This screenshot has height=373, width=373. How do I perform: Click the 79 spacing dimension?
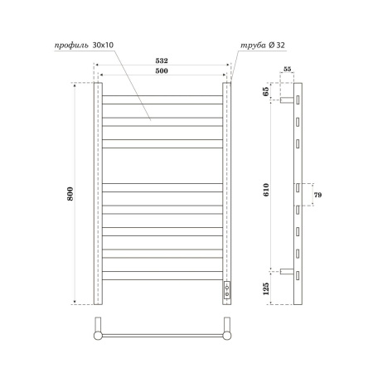coord(318,195)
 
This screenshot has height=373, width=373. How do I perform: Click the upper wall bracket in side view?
coord(287,99)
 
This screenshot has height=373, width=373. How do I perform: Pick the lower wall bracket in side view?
coord(287,270)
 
